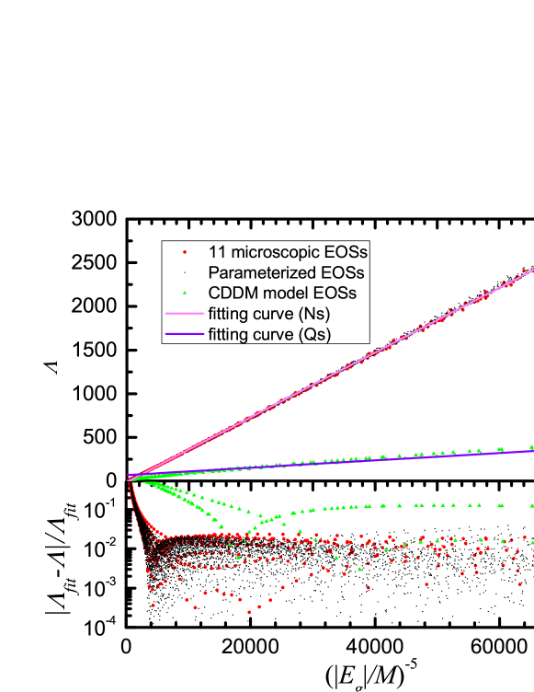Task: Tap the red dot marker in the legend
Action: click(185, 251)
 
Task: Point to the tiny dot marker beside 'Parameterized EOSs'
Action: click(185, 272)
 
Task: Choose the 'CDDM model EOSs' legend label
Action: click(281, 294)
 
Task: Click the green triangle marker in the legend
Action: click(185, 293)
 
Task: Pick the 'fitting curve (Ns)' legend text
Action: click(269, 314)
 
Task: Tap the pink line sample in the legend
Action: click(184, 314)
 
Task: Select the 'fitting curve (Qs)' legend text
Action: click(269, 334)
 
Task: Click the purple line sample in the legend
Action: click(184, 334)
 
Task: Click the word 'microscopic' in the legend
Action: click(275, 251)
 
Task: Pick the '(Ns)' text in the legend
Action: click(312, 314)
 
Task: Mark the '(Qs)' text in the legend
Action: click(312, 334)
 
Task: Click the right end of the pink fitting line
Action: click(532, 269)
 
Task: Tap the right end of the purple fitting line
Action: click(532, 450)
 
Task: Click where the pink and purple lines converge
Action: click(129, 478)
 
